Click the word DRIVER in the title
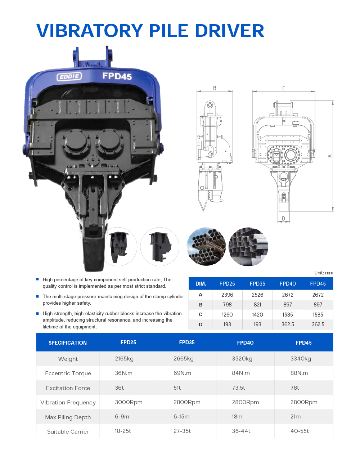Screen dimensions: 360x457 229,31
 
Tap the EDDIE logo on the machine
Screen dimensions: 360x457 69,76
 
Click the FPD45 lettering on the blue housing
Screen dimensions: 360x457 117,76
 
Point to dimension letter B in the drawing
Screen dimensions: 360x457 215,88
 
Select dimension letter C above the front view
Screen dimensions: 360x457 284,88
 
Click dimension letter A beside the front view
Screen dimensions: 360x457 330,156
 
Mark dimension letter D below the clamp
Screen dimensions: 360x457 283,219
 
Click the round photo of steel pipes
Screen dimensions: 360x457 206,247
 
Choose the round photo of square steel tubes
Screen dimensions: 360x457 248,247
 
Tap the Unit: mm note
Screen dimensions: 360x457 324,273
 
